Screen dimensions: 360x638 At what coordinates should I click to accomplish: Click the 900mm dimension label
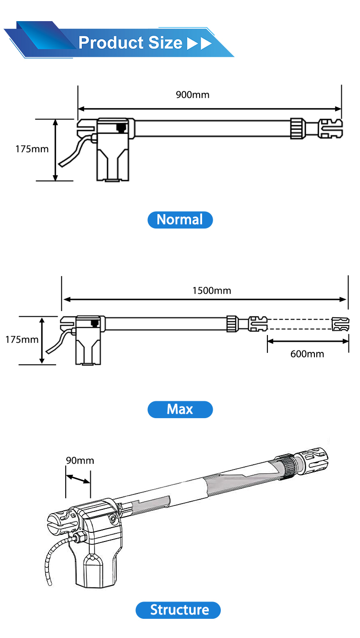point(192,95)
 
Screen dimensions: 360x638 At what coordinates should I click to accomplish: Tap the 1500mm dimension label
point(212,290)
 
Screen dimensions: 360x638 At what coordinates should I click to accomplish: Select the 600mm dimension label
point(307,354)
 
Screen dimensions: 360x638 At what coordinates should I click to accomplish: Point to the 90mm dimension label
point(80,460)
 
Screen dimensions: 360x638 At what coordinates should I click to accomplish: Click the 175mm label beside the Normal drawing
point(32,149)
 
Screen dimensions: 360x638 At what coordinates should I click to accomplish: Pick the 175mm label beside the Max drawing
point(22,339)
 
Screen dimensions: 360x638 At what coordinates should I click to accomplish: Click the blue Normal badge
point(180,219)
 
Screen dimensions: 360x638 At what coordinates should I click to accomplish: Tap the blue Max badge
point(180,409)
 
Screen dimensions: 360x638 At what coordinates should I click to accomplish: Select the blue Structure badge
point(178,610)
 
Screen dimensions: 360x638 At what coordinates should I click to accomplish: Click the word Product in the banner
point(111,43)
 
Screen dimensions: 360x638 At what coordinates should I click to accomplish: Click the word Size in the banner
point(165,43)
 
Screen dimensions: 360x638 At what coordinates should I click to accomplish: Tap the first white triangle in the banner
point(192,44)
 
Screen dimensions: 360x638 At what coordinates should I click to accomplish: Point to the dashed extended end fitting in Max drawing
point(341,324)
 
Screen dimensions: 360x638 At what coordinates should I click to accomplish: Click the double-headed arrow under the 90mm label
point(78,479)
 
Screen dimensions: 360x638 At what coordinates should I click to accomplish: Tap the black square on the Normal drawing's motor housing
point(121,127)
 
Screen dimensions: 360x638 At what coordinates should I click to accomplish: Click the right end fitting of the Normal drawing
point(330,129)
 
